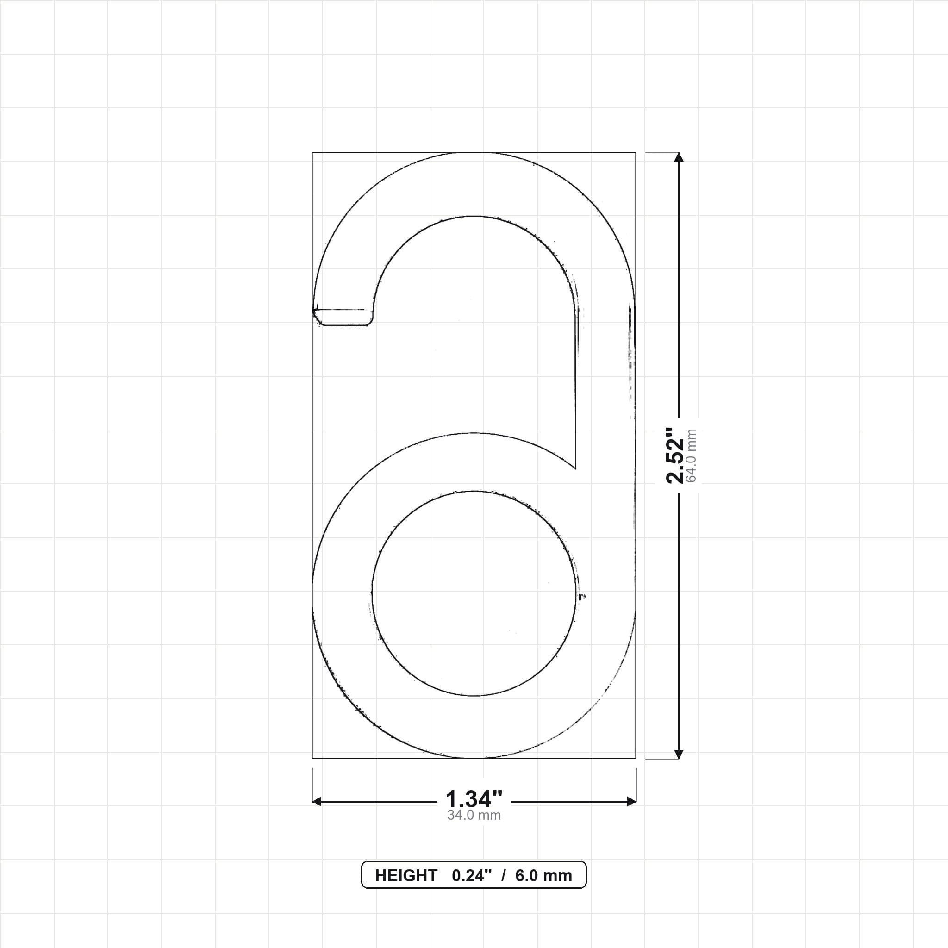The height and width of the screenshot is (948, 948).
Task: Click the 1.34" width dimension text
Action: (474, 799)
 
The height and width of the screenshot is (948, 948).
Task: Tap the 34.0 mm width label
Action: (474, 816)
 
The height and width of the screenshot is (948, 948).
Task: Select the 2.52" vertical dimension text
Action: (675, 455)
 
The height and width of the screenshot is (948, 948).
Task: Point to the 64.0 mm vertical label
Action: (692, 455)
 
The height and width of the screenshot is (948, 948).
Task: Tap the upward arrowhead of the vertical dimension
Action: (679, 157)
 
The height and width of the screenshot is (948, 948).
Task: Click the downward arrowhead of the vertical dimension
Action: (679, 754)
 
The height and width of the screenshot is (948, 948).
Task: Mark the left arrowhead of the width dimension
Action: (317, 801)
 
